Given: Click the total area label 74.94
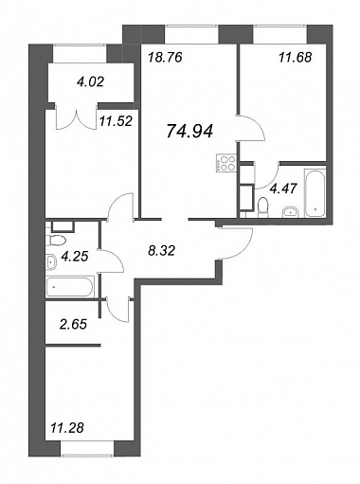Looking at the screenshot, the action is click(x=189, y=131).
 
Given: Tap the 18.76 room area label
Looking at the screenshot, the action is click(x=165, y=58).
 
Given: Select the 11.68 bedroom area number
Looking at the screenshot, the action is click(x=296, y=58).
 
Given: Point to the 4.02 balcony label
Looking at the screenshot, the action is click(x=90, y=82).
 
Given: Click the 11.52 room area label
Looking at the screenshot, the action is click(x=116, y=121).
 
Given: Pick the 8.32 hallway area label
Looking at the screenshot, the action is click(x=161, y=251).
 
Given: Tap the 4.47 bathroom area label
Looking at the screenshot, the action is click(x=283, y=188).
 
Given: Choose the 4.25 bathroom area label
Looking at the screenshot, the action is click(x=75, y=256).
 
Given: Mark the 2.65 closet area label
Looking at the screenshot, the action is click(x=73, y=324).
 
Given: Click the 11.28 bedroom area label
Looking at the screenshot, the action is click(x=67, y=428).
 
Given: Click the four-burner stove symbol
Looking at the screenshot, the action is click(x=226, y=163).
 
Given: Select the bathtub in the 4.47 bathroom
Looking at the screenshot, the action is click(x=315, y=193).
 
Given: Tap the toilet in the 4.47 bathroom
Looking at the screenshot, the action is click(x=262, y=207).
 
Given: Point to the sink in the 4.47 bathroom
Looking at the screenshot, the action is click(x=291, y=211).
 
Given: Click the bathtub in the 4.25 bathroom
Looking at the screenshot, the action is click(x=70, y=287).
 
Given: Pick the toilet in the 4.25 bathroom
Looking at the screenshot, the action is click(x=55, y=241).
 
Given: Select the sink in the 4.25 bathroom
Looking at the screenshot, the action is click(x=51, y=261).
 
